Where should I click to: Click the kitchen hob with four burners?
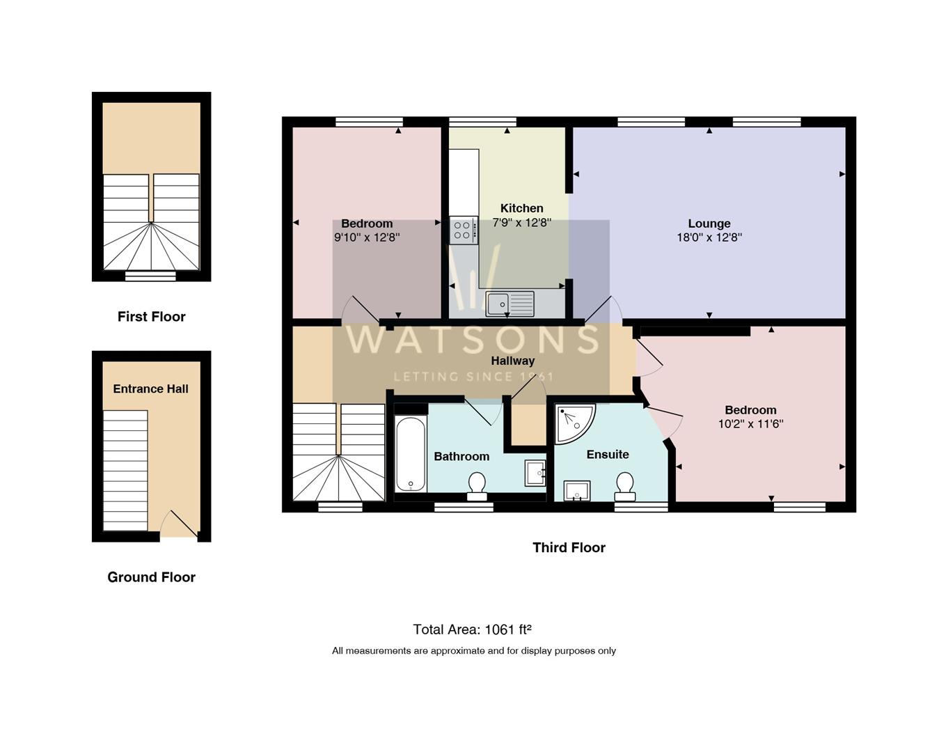pyautogui.click(x=463, y=230)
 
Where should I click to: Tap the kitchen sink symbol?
pyautogui.click(x=509, y=304)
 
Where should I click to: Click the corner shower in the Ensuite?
pyautogui.click(x=573, y=422)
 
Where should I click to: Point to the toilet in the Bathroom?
pyautogui.click(x=477, y=486)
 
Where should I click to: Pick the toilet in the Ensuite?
pyautogui.click(x=625, y=486)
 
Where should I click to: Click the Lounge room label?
pyautogui.click(x=709, y=224)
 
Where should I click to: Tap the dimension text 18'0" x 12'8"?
pyautogui.click(x=709, y=237)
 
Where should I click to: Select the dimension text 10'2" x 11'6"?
pyautogui.click(x=750, y=423)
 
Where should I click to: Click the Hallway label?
pyautogui.click(x=513, y=361)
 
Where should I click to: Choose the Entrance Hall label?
pyautogui.click(x=151, y=389)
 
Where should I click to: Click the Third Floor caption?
pyautogui.click(x=569, y=547)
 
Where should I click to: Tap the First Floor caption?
pyautogui.click(x=151, y=317)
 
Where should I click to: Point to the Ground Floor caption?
pyautogui.click(x=151, y=577)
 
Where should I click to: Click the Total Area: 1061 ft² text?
pyautogui.click(x=472, y=629)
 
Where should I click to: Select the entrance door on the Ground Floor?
pyautogui.click(x=179, y=526)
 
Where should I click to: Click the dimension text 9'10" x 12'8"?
pyautogui.click(x=367, y=237)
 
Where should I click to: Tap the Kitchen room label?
pyautogui.click(x=521, y=208)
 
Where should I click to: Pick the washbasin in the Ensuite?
pyautogui.click(x=577, y=491)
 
